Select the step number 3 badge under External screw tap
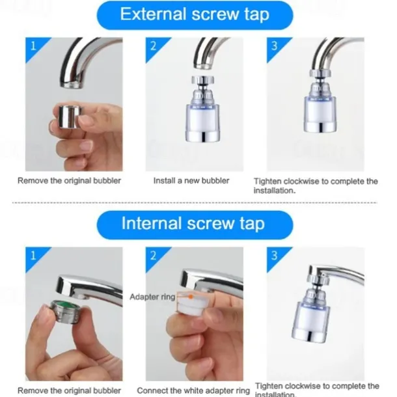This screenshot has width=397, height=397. pos(274,46)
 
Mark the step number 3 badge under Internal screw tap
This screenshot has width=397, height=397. pos(274,256)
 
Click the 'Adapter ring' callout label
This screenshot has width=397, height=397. pos(152,296)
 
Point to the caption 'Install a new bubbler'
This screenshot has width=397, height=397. pos(191,180)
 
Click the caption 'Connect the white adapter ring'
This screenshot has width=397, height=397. pos(193,390)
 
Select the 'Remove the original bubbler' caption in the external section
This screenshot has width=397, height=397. pos(69,180)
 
